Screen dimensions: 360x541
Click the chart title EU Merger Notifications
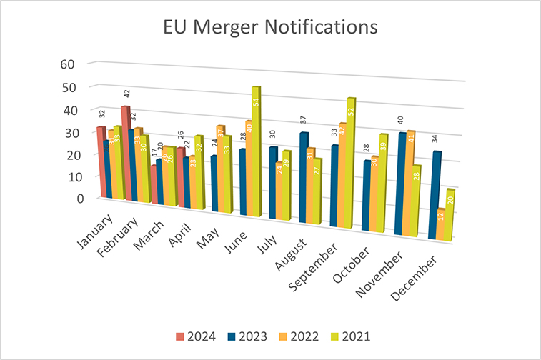pos(270,28)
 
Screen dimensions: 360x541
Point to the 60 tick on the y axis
pos(66,64)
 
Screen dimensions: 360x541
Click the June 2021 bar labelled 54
pos(255,154)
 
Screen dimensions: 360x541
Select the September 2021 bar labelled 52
pos(351,164)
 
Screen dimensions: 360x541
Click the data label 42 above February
pos(126,94)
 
